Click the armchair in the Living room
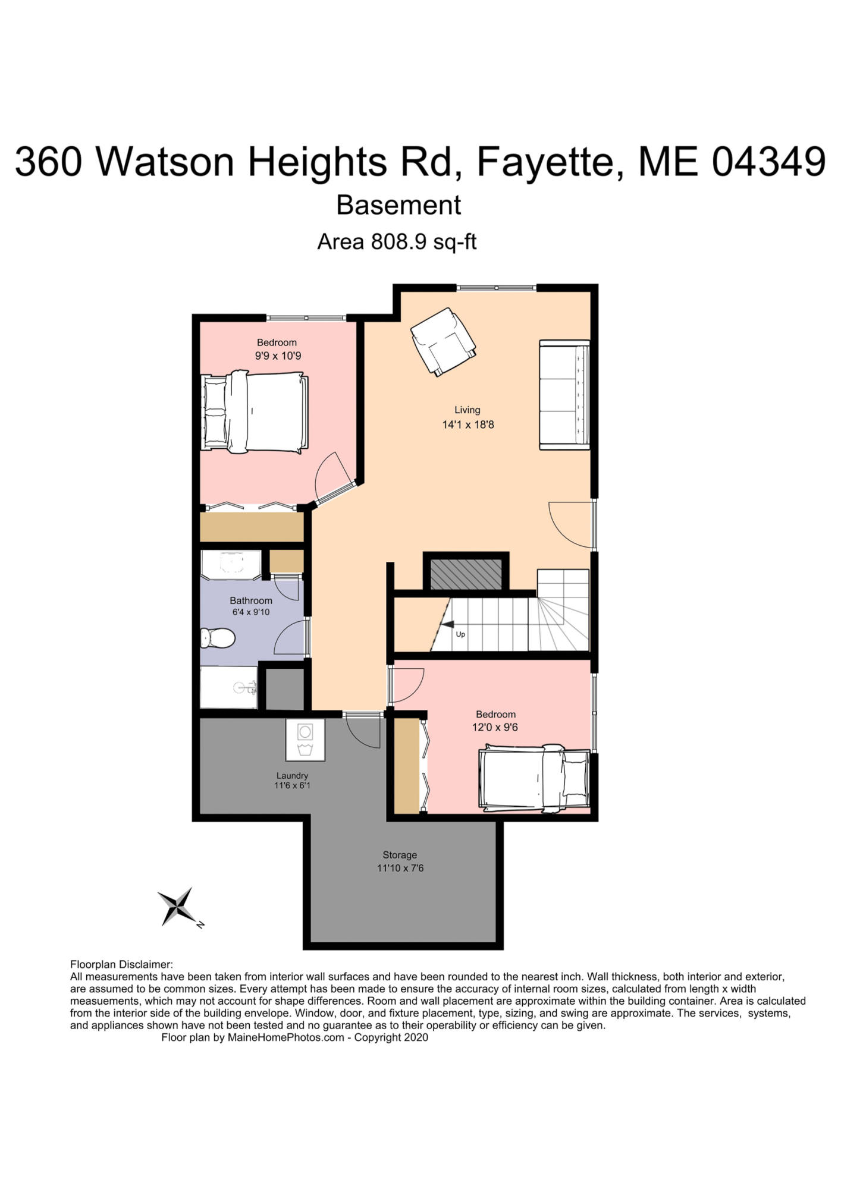click(443, 342)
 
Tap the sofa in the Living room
click(564, 395)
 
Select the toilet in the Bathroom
click(218, 638)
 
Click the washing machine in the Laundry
click(305, 740)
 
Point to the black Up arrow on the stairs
click(447, 624)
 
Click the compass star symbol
click(178, 906)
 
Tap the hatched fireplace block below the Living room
click(466, 573)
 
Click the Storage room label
click(400, 855)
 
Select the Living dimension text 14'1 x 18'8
click(468, 424)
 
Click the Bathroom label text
click(251, 600)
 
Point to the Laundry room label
click(292, 775)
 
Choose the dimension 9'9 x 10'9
click(278, 356)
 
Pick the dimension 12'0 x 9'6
click(495, 727)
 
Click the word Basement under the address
click(398, 205)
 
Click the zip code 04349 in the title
click(769, 161)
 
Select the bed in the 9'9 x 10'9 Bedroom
click(255, 411)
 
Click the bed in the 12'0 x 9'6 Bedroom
click(534, 778)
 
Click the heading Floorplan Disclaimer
click(121, 964)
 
